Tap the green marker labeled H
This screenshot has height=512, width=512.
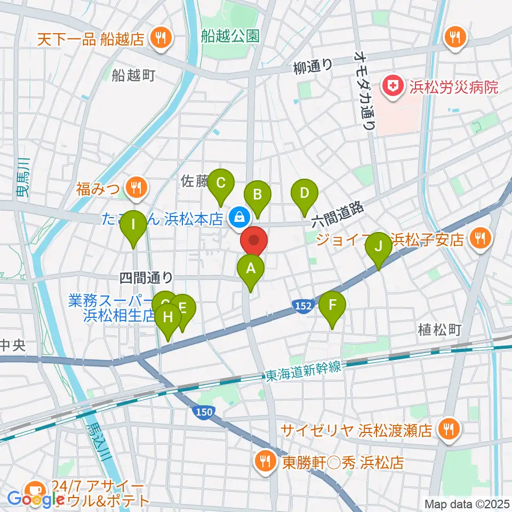[x=168, y=319]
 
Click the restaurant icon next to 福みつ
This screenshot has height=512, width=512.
[x=136, y=187]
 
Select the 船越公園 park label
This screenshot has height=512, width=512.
[x=230, y=36]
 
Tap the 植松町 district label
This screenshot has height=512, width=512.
[x=439, y=329]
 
